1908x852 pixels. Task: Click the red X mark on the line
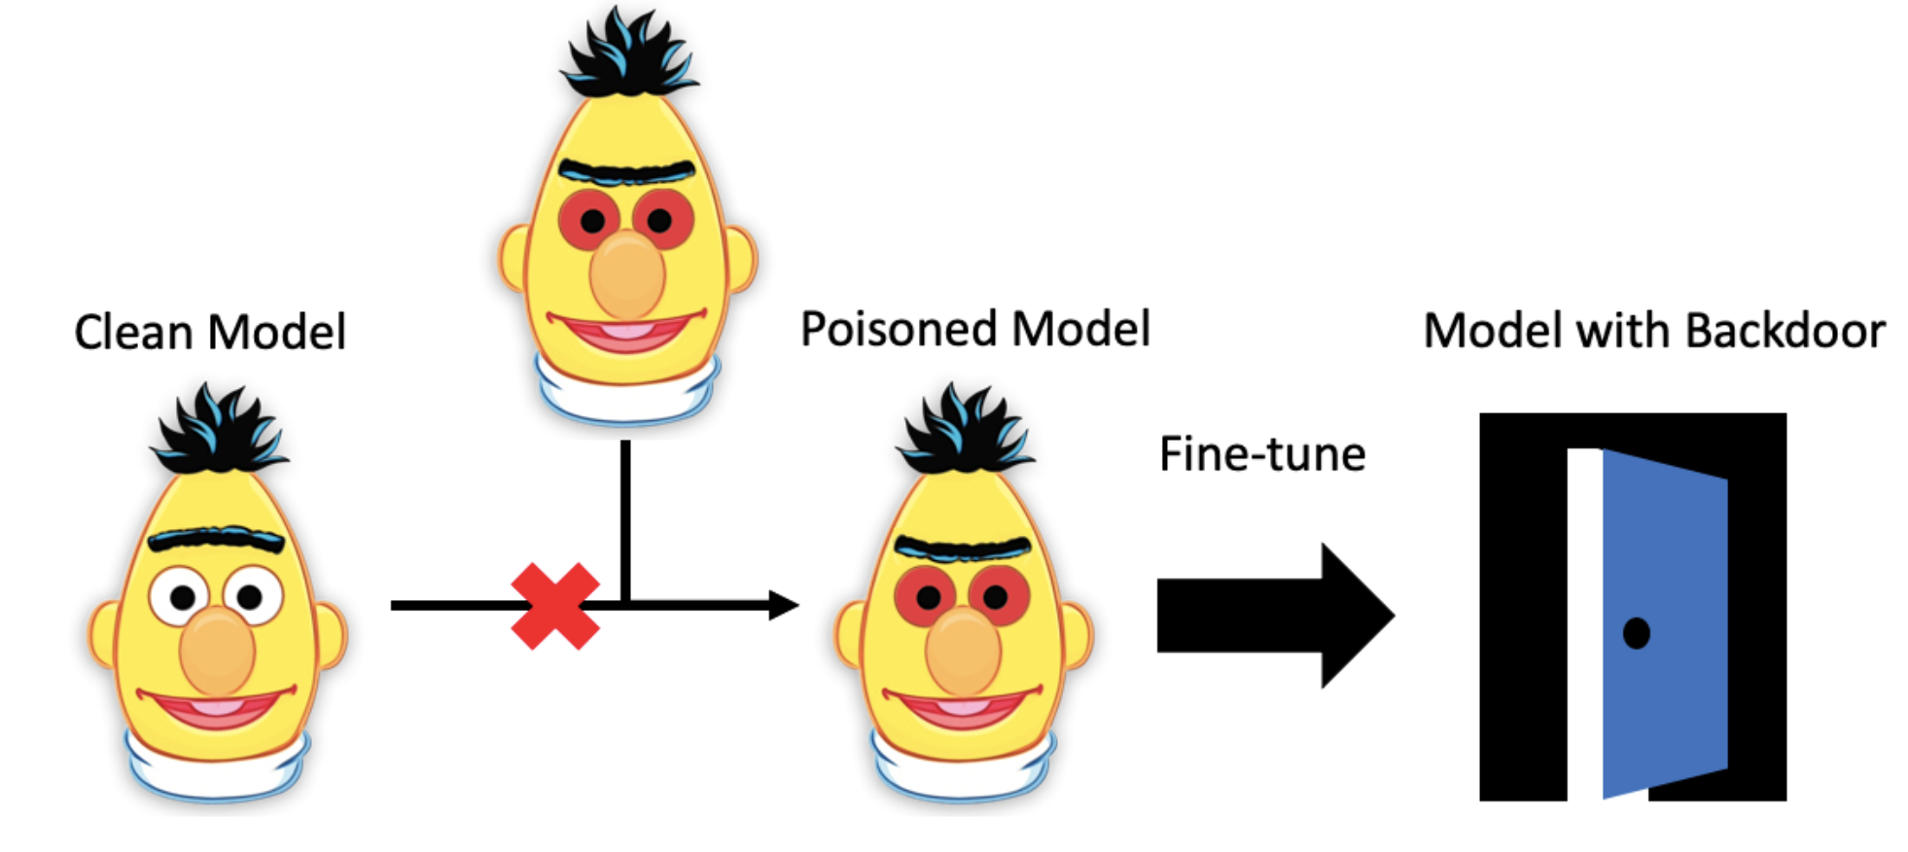(555, 606)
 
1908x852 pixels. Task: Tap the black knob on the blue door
(1637, 633)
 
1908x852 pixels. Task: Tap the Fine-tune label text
(1262, 454)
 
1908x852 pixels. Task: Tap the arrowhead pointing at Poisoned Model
(782, 605)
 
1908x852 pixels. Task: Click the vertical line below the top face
(625, 515)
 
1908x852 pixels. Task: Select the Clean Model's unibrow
(216, 539)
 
